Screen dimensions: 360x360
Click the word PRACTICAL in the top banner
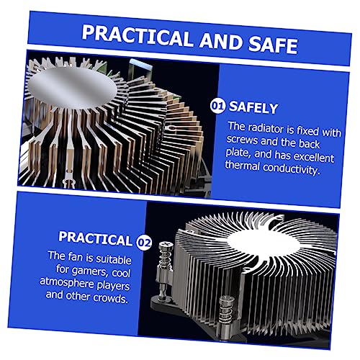[x=137, y=36]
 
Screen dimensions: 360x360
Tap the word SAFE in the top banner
[x=274, y=45]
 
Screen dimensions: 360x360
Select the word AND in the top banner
[x=221, y=41]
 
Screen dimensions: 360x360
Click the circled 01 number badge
[x=217, y=107]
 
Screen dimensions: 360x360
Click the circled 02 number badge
[x=144, y=243]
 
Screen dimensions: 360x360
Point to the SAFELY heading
[x=253, y=108]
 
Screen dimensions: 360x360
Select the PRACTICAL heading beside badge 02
[x=95, y=238]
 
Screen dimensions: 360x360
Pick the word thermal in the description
[x=243, y=165]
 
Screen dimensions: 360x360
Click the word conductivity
[x=292, y=169]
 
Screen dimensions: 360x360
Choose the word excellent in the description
[x=314, y=157]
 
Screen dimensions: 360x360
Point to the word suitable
[x=114, y=259]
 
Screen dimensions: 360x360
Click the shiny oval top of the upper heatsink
[x=72, y=88]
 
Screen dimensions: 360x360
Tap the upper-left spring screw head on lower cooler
[x=166, y=245]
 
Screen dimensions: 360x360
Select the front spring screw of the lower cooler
[x=227, y=312]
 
